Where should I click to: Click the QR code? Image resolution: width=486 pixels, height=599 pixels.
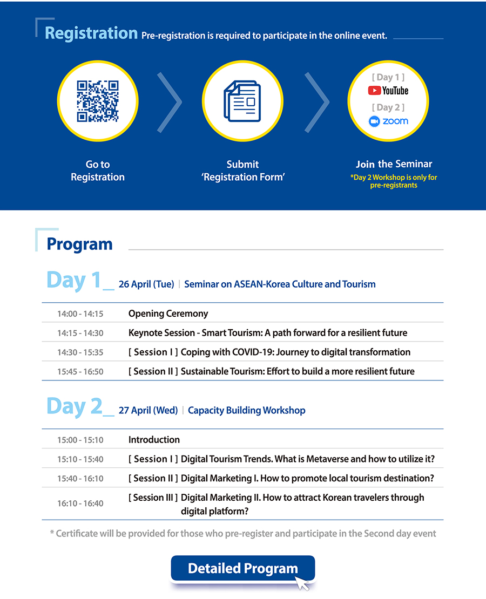98,101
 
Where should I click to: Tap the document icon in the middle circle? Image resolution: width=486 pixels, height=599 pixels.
242,101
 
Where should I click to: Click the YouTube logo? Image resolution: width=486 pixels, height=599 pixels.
388,91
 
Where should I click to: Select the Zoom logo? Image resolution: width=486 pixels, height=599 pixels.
388,121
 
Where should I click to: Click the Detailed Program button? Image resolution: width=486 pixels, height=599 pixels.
243,568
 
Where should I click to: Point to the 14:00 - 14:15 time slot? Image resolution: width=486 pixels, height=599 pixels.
80,314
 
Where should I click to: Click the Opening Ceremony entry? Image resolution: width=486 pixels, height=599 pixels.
168,314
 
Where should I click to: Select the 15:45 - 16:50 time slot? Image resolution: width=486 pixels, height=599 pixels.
80,371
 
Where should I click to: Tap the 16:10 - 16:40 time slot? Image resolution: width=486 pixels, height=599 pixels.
80,503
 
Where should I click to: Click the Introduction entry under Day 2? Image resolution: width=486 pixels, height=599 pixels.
154,440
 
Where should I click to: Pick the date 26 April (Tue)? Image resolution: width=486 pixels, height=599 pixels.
146,284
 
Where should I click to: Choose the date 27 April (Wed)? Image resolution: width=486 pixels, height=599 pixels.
148,410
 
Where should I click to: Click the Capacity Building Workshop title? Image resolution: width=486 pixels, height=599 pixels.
247,410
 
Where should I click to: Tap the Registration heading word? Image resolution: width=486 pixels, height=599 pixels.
91,33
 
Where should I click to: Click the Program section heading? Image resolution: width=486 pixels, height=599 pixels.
79,244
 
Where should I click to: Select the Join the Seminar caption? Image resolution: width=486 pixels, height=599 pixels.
394,164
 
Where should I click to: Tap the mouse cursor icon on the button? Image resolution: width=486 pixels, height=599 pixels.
302,583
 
